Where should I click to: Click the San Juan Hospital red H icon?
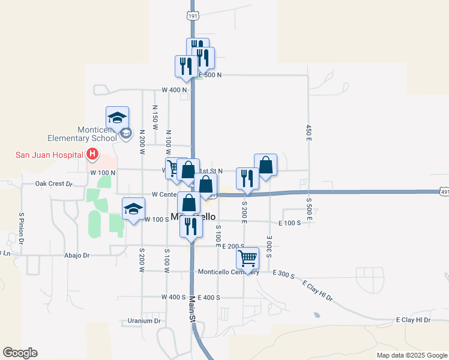click(x=92, y=155)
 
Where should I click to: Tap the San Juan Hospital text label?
click(x=49, y=155)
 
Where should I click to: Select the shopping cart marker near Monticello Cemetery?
click(x=247, y=257)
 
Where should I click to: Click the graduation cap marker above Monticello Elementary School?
click(x=118, y=117)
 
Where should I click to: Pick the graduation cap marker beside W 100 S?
click(x=133, y=208)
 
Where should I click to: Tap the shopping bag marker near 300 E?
click(x=265, y=165)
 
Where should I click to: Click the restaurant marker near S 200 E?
click(x=247, y=178)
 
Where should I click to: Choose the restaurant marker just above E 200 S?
click(x=191, y=226)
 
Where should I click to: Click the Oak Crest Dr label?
click(x=53, y=184)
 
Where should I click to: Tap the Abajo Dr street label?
click(x=77, y=255)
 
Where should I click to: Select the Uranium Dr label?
click(x=144, y=321)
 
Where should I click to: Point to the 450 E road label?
click(x=308, y=133)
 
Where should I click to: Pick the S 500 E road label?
click(x=308, y=209)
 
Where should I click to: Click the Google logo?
click(x=20, y=353)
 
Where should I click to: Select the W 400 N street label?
click(x=175, y=90)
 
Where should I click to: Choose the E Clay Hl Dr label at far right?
click(x=414, y=320)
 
